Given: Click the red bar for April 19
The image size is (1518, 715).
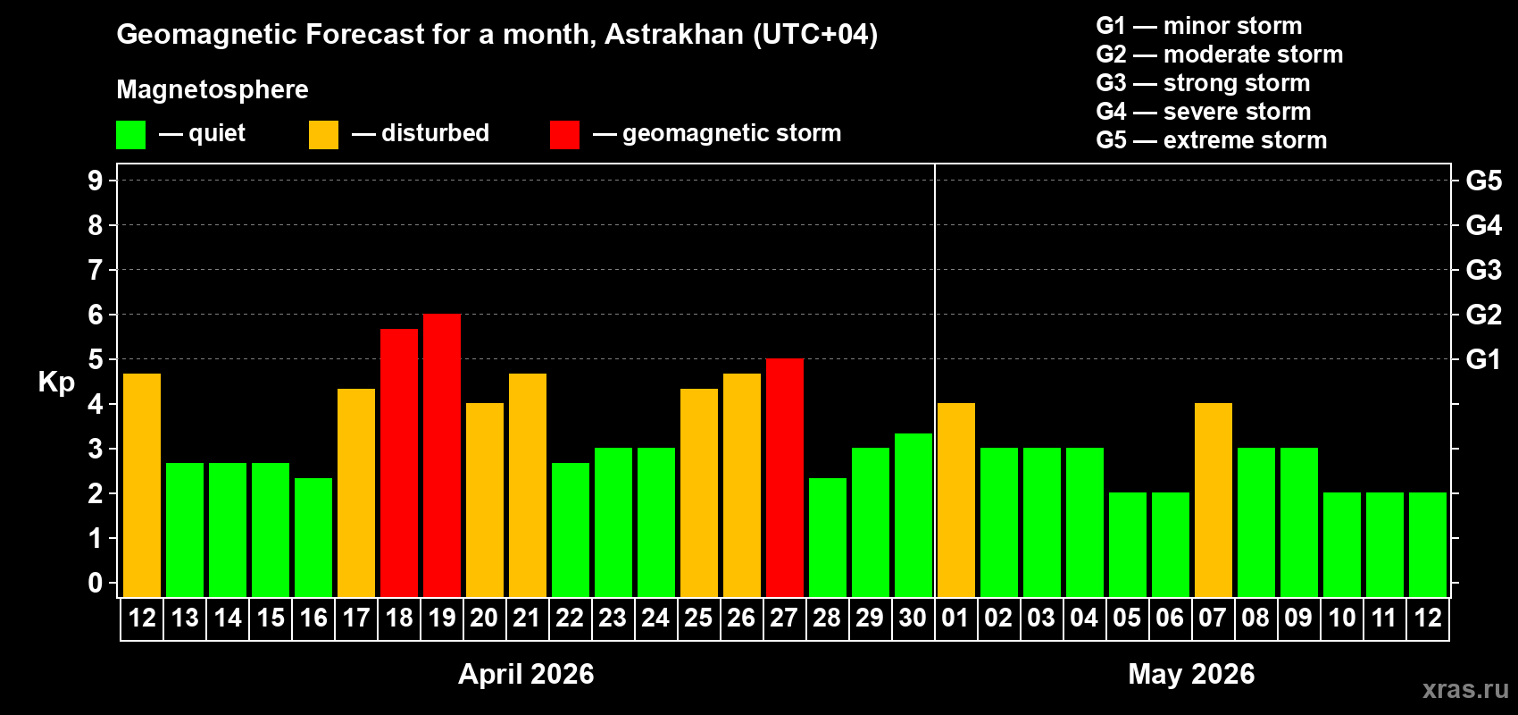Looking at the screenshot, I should (442, 455).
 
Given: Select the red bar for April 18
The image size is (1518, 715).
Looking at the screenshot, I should (399, 462).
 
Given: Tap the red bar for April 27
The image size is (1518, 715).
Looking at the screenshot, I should (785, 477).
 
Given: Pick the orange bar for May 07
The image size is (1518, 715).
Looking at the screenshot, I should (1214, 500).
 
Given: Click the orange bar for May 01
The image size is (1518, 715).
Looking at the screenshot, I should (956, 500).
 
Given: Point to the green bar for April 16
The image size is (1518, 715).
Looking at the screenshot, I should (313, 537).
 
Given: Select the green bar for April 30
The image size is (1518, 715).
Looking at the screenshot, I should (913, 515).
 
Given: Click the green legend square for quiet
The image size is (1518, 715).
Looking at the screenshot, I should (131, 135).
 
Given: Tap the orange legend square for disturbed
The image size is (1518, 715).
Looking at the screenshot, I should (323, 135).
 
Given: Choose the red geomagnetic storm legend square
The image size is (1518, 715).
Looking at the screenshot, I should (564, 135).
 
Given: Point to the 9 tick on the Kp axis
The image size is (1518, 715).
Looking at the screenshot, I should (96, 181).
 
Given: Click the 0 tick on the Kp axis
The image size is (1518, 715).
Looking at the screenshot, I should (96, 583).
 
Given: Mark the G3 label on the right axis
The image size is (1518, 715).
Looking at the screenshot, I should (1483, 270).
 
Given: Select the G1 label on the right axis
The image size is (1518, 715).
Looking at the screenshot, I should (1483, 359).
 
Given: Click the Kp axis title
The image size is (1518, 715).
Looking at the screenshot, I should (56, 383).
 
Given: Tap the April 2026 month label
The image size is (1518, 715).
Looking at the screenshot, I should (526, 674).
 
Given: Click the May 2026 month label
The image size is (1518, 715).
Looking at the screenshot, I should (1191, 674).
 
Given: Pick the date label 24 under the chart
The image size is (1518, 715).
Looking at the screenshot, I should (655, 618).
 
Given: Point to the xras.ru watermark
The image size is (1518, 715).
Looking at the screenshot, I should (1465, 689).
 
